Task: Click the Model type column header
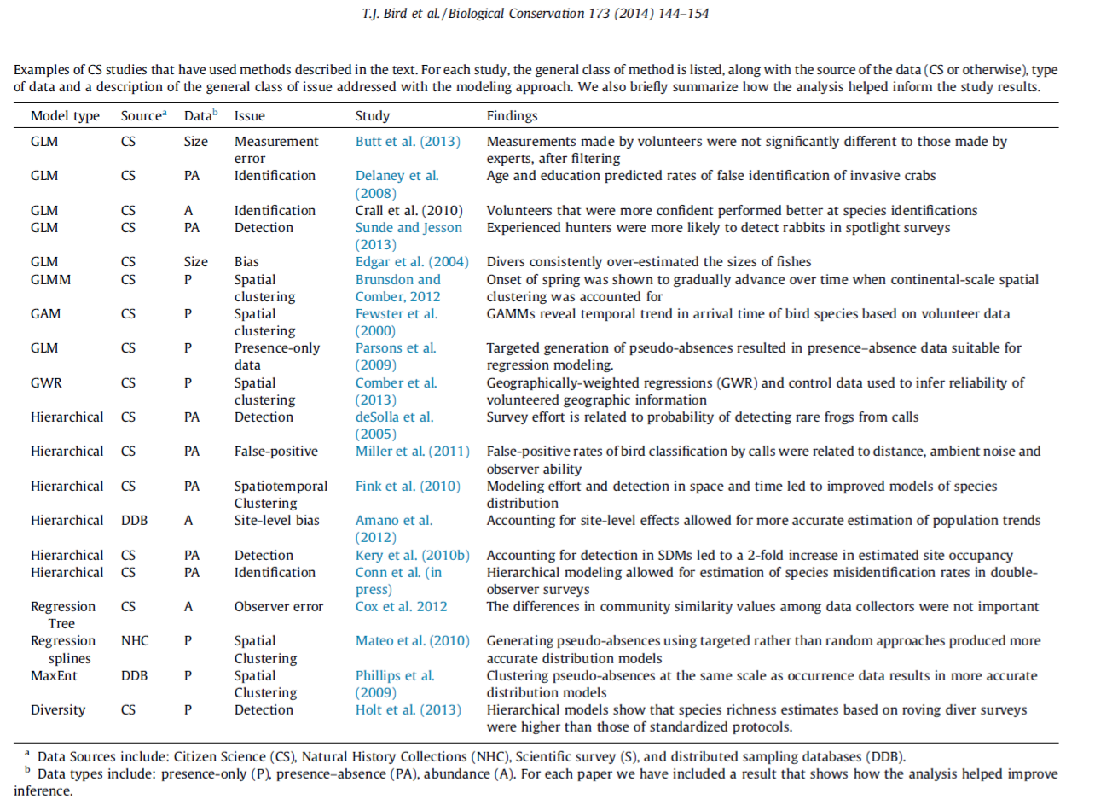[x=65, y=116]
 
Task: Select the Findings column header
[x=512, y=116]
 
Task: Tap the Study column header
[x=372, y=116]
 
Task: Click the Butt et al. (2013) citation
[x=408, y=142]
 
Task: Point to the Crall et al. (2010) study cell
[x=408, y=211]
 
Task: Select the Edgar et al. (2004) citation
[x=412, y=262]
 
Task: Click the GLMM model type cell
[x=50, y=280]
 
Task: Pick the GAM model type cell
[x=45, y=314]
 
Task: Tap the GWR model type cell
[x=46, y=383]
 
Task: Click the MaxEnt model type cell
[x=54, y=676]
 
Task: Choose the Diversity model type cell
[x=58, y=710]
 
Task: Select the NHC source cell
[x=135, y=641]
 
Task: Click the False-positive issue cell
[x=275, y=452]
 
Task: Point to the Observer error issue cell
[x=279, y=607]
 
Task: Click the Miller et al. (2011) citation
[x=412, y=452]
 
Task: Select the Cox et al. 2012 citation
[x=401, y=607]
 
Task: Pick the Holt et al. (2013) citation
[x=408, y=710]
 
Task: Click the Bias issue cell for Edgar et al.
[x=246, y=262]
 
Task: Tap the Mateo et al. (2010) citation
[x=412, y=641]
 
